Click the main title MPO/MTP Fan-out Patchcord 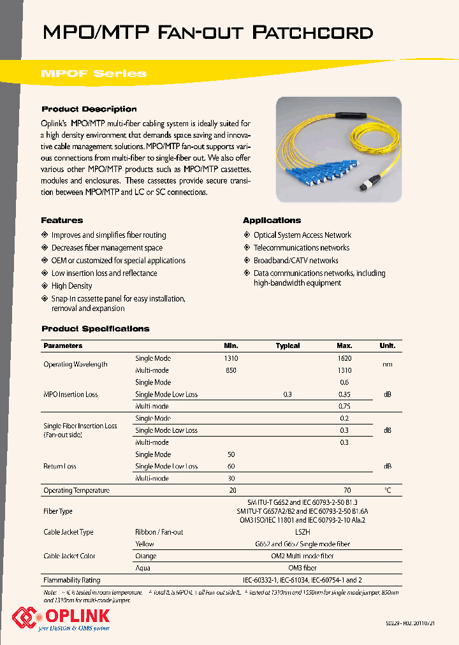[x=207, y=33]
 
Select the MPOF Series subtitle [x=93, y=73]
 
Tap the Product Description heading [x=89, y=109]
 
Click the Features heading [x=62, y=220]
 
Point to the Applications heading [x=272, y=220]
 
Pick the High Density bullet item [x=71, y=286]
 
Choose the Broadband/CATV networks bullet [x=296, y=261]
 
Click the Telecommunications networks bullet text [x=301, y=248]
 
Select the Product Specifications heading [x=95, y=329]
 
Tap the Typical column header [x=288, y=345]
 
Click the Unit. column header [x=387, y=345]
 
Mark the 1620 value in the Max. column [x=344, y=358]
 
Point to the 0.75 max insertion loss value [x=344, y=406]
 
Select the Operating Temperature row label [x=76, y=491]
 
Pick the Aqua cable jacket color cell [x=143, y=568]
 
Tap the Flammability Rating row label [x=71, y=581]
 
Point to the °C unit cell [x=387, y=491]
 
